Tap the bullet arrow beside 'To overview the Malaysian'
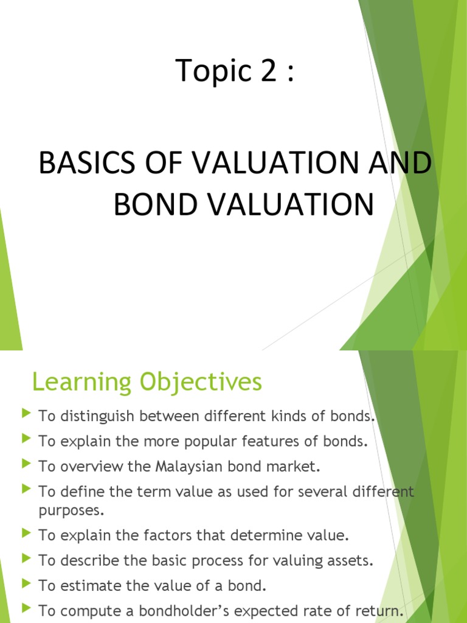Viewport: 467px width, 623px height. tap(26, 464)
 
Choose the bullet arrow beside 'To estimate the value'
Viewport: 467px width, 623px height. tap(26, 583)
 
